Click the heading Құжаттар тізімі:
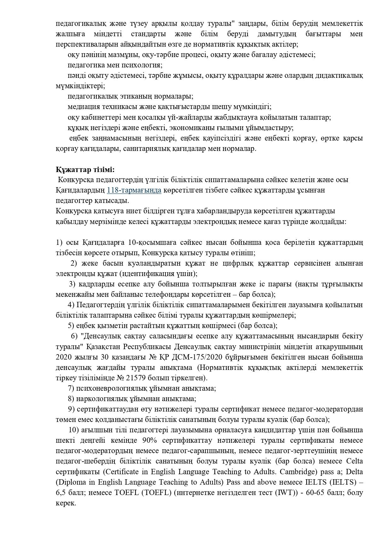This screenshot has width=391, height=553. (x=85, y=170)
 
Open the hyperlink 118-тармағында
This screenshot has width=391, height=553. (x=134, y=190)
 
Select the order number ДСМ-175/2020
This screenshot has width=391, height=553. (x=180, y=357)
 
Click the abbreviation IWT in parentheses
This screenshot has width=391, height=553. (x=285, y=493)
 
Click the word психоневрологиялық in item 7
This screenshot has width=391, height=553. (x=102, y=388)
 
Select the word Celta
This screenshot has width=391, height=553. (x=354, y=461)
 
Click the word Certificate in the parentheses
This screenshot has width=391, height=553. (x=122, y=472)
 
